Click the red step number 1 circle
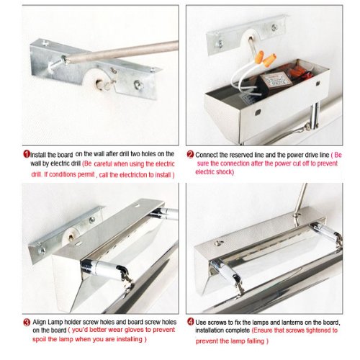(27, 154)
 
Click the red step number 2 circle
(190, 154)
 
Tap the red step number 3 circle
(27, 322)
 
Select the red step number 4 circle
(190, 322)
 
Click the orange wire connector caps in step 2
(265, 59)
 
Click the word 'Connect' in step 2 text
(206, 155)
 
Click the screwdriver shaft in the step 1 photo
(122, 52)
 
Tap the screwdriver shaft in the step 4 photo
(300, 200)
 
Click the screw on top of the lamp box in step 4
(219, 243)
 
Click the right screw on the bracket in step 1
(139, 85)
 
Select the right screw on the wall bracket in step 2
(274, 27)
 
